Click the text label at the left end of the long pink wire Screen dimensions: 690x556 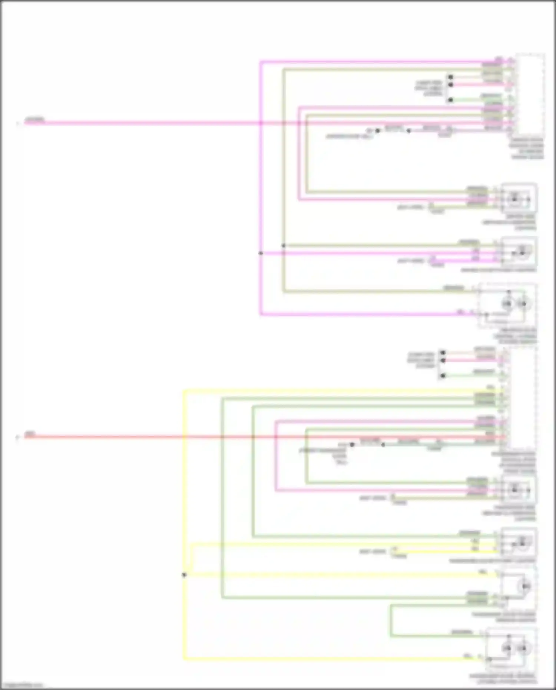34,120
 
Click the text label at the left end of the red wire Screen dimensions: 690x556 30,433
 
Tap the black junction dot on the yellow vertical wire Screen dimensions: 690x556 184,575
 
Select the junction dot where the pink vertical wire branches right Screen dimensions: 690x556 261,253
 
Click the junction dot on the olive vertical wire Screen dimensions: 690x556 284,245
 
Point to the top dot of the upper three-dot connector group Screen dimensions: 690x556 450,77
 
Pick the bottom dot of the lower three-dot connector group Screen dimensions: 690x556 443,376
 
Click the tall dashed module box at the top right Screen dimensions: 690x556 530,95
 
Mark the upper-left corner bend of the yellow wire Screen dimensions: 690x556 184,390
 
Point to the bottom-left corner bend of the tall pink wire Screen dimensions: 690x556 261,314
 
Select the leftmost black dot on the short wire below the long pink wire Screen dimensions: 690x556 378,131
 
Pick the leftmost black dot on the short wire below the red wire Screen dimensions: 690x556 352,444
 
